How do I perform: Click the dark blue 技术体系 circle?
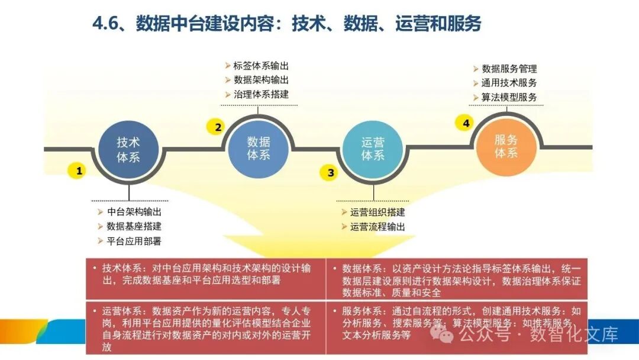[128, 149]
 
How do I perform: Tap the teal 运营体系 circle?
[373, 149]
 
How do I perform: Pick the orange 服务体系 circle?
[506, 146]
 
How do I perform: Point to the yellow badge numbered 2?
[218, 127]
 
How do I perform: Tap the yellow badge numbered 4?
[466, 123]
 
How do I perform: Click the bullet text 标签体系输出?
[261, 66]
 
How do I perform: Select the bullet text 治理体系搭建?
[261, 94]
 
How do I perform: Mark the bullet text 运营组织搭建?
[377, 213]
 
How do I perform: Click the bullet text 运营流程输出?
[377, 227]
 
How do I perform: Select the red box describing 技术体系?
[206, 278]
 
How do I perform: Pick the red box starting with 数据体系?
[457, 278]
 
